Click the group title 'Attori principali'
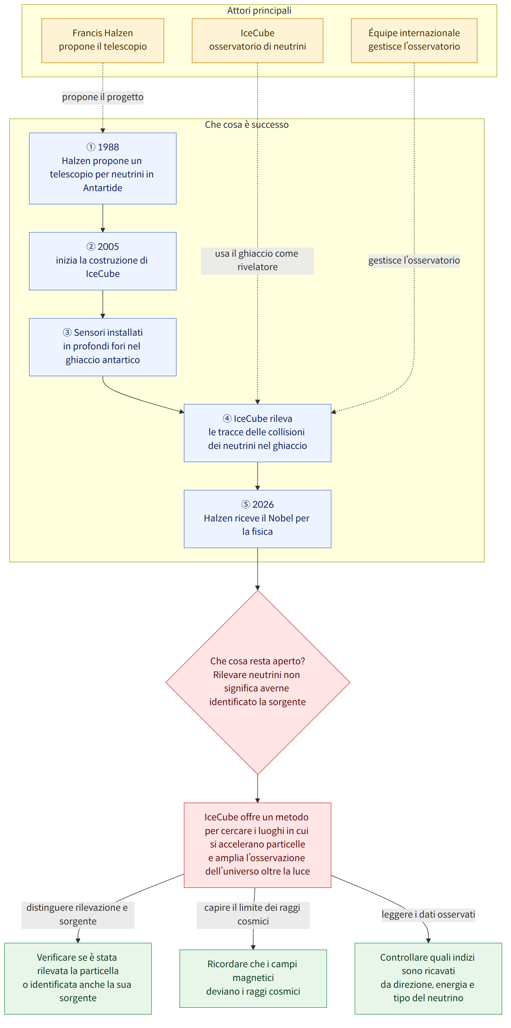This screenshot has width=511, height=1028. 259,10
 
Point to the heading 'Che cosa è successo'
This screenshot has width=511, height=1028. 247,125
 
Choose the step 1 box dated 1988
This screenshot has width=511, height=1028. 103,168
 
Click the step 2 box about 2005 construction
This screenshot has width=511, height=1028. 103,261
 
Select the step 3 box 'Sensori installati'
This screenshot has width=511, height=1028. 103,347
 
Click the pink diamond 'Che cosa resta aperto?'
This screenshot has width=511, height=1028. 258,682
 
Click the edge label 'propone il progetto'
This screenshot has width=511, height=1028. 103,97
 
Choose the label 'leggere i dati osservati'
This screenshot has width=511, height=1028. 428,914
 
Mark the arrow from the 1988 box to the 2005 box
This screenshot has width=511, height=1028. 103,218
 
